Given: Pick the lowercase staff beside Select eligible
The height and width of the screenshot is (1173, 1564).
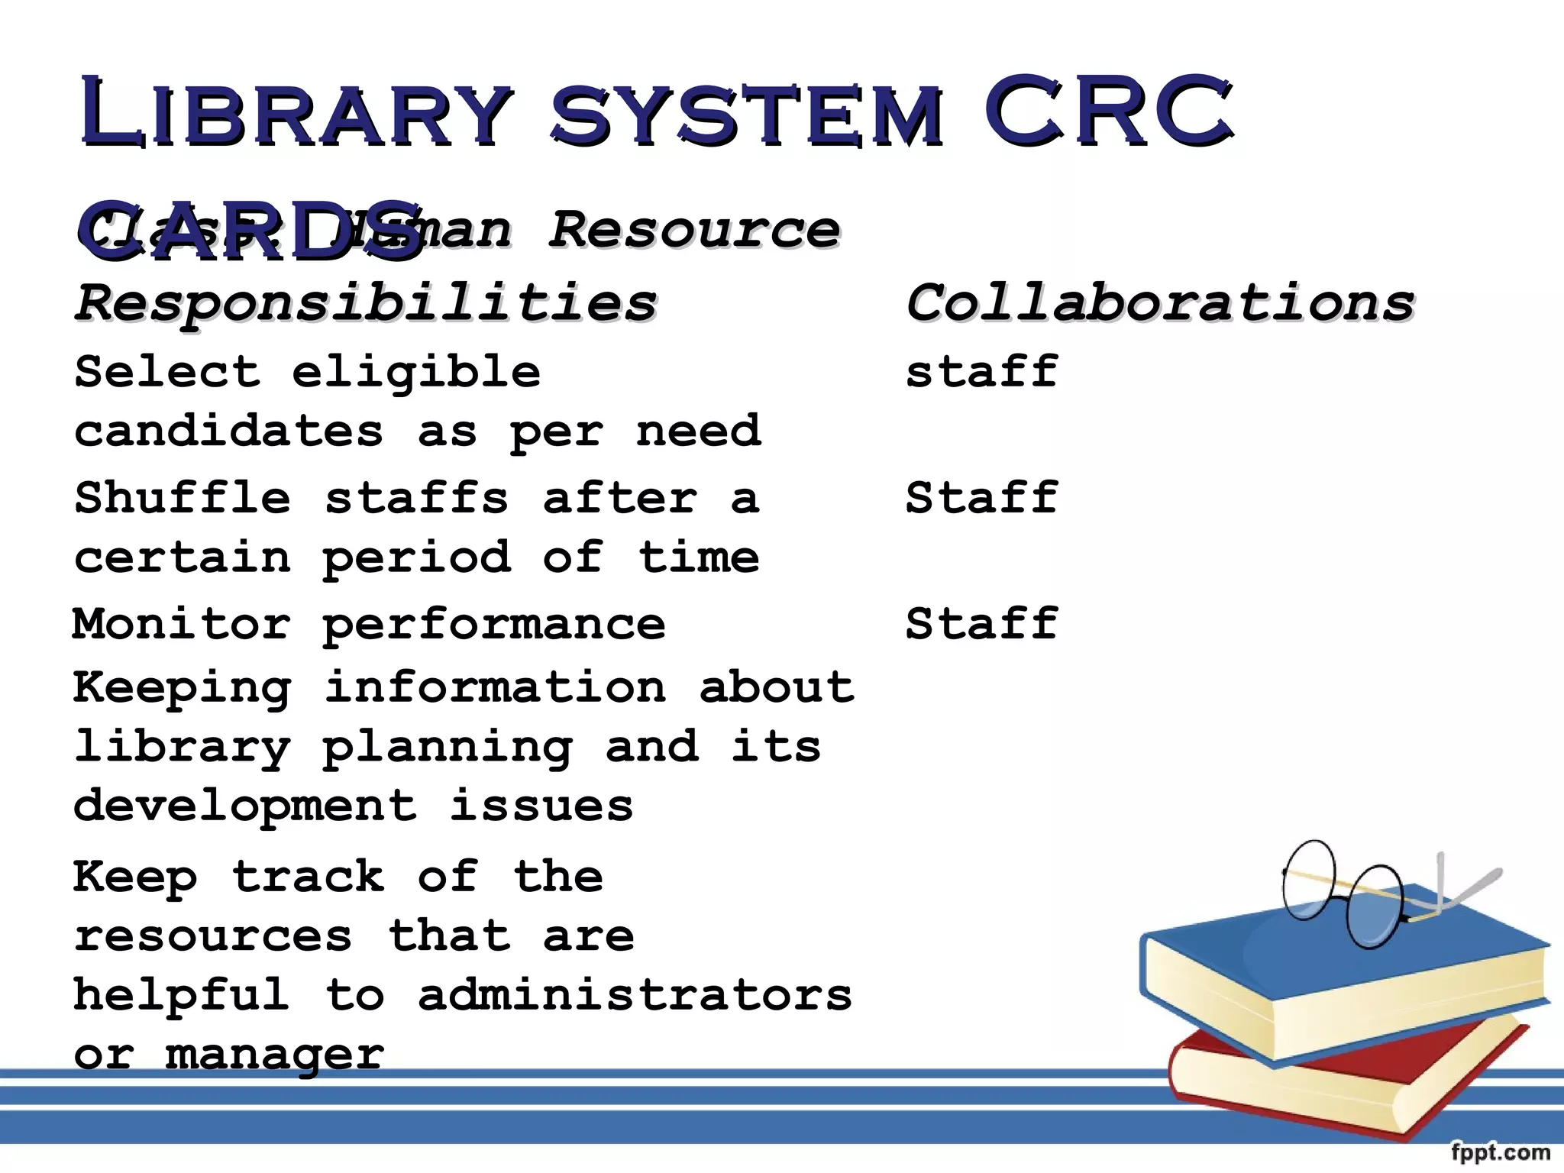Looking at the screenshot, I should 982,372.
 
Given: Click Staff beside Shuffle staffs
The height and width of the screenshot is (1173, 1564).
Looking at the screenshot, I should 982,498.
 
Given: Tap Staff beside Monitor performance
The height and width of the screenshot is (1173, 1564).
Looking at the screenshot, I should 982,624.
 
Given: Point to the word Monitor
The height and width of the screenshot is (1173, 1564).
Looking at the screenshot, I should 182,624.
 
